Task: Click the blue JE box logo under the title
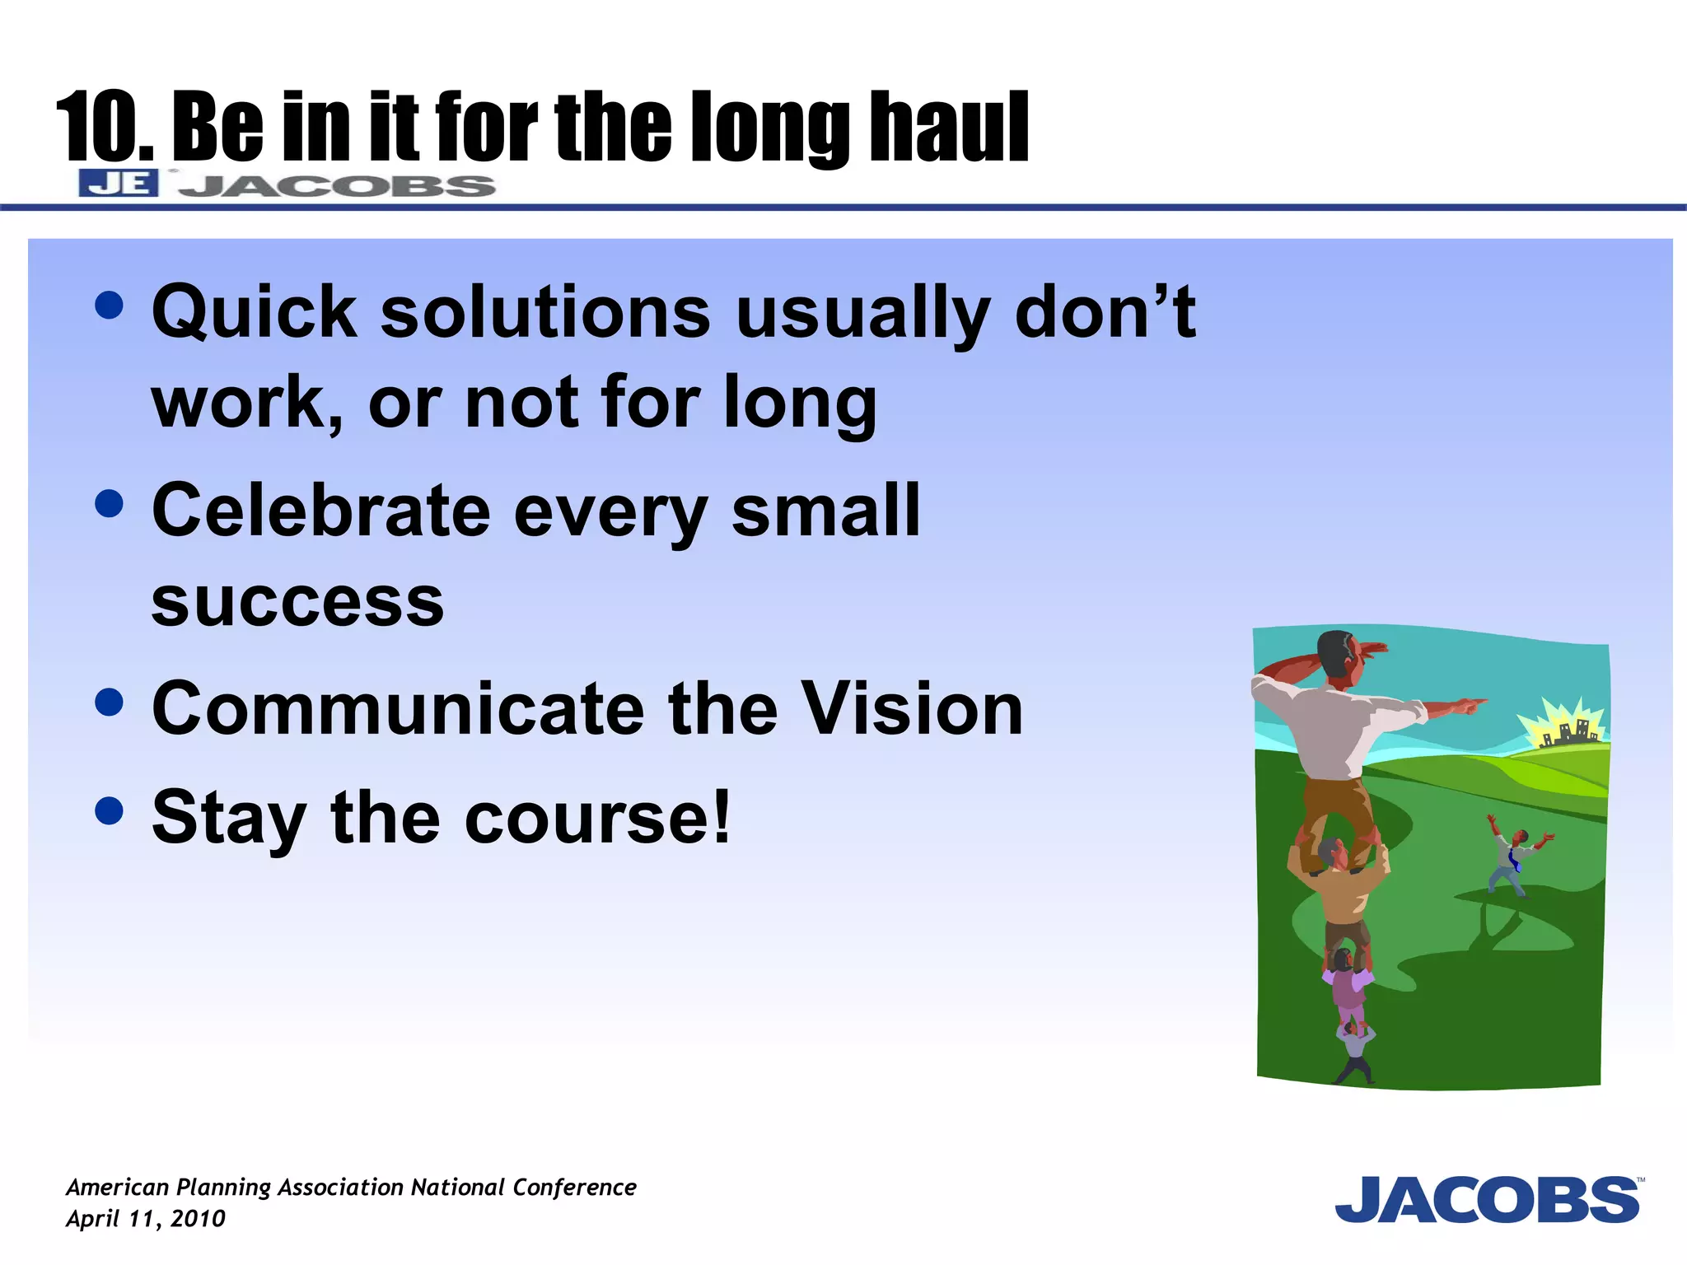point(119,183)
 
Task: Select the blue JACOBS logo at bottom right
point(1488,1200)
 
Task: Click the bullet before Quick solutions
point(109,305)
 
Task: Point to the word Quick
point(254,313)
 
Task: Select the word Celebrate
point(321,511)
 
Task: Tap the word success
point(297,601)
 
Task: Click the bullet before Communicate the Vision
point(109,702)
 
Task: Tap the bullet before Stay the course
point(109,810)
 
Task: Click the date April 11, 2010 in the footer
point(145,1218)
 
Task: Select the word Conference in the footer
point(574,1187)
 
